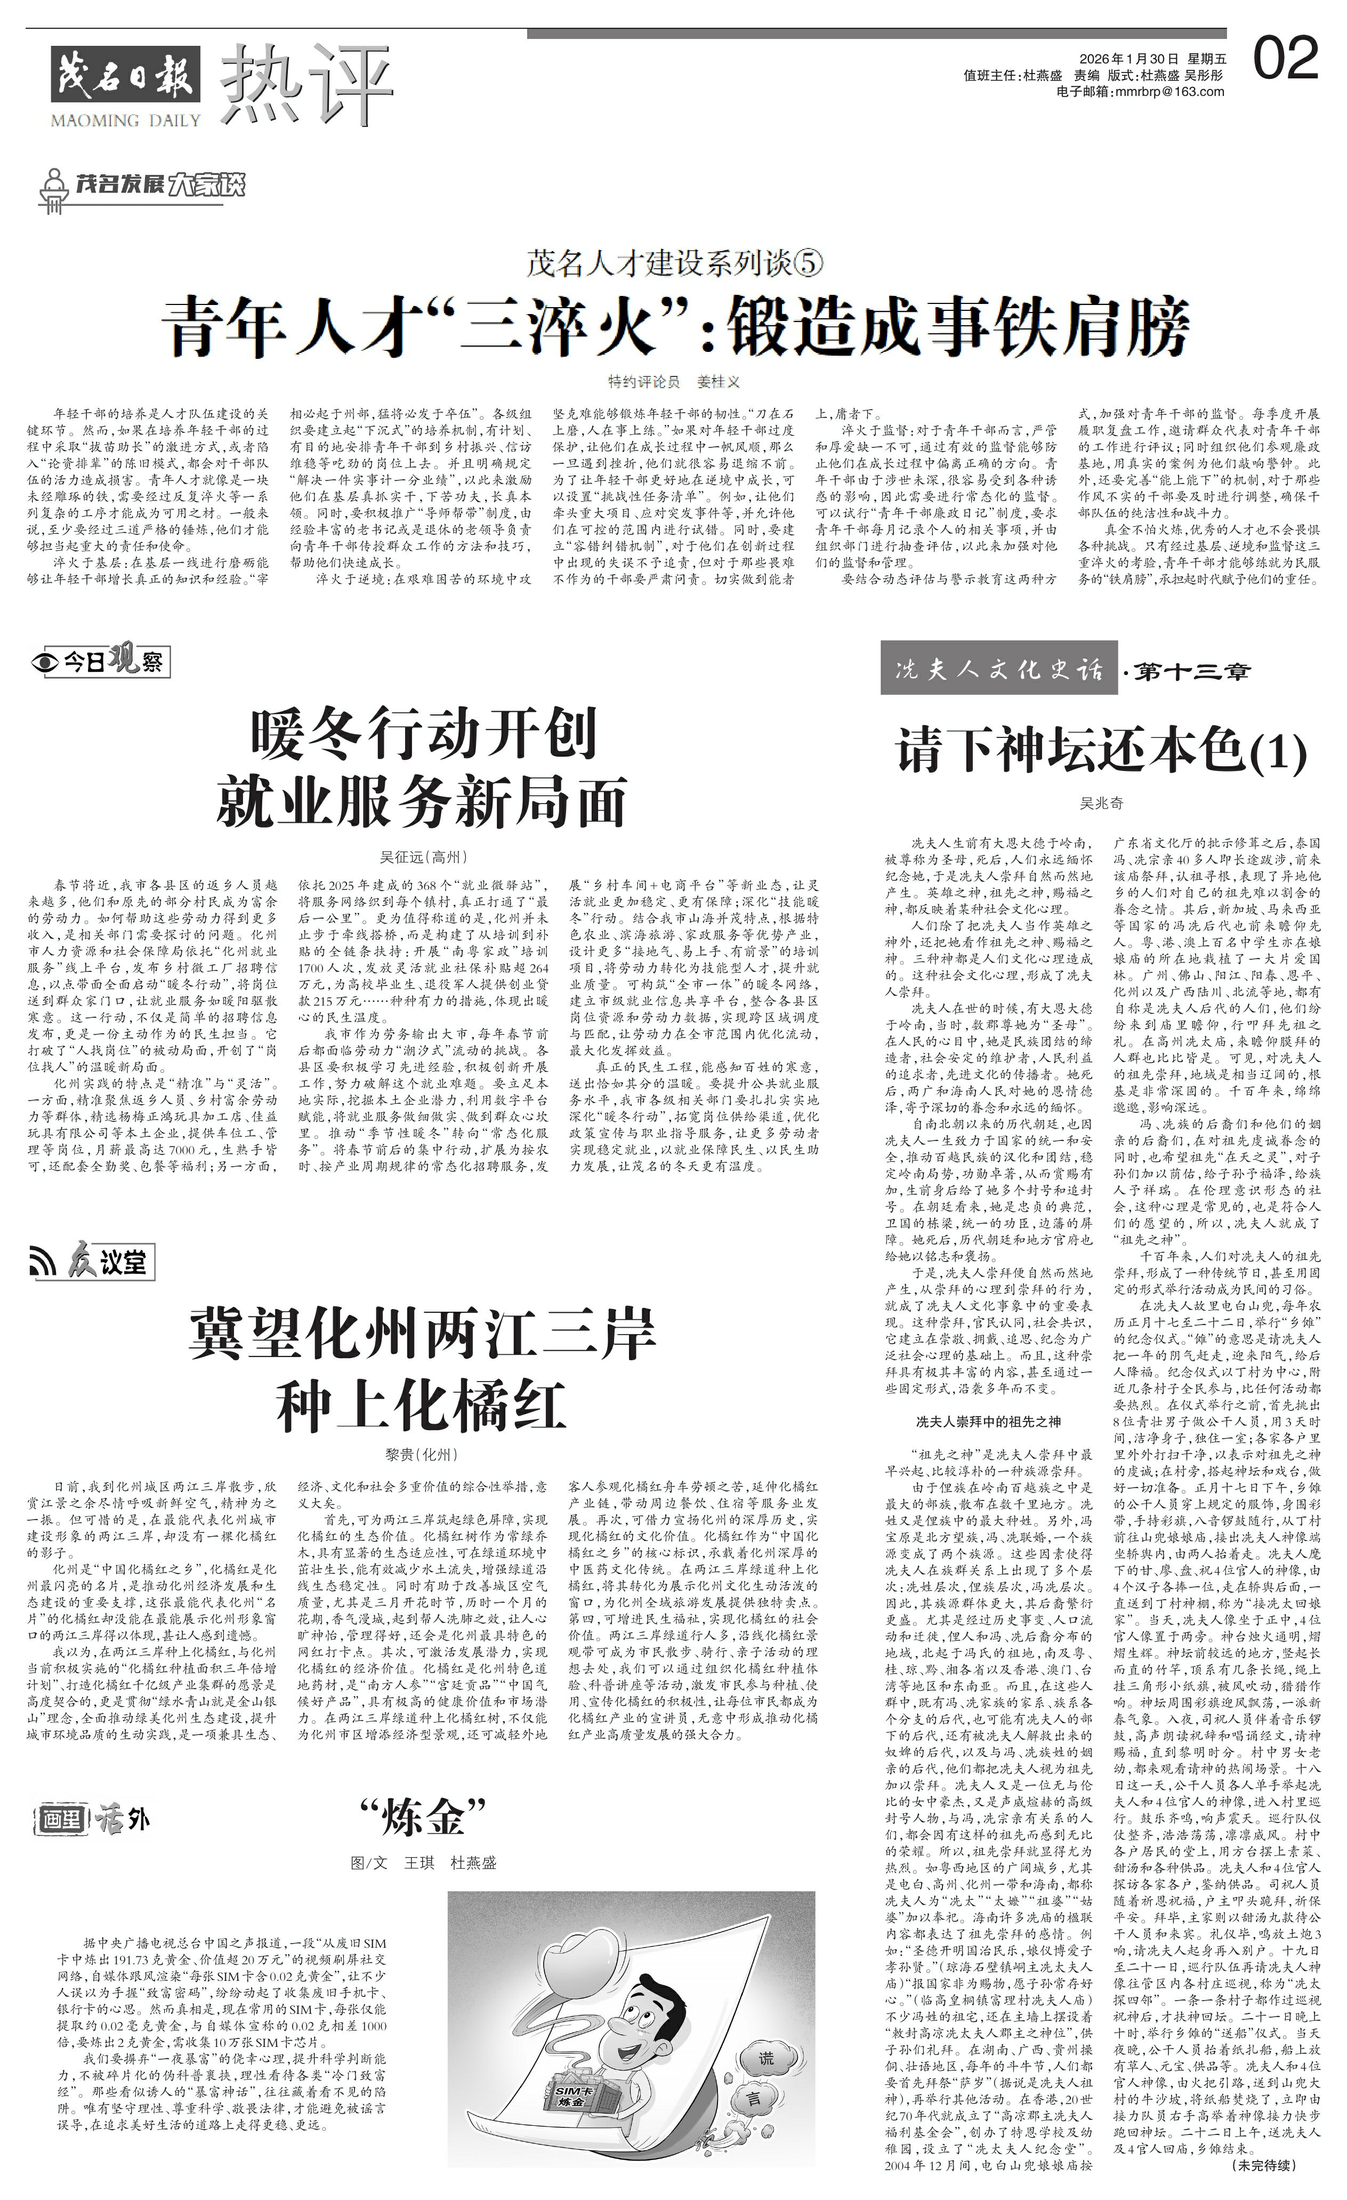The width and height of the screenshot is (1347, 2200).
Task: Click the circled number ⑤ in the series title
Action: pyautogui.click(x=807, y=264)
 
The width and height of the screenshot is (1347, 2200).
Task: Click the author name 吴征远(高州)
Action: pyautogui.click(x=423, y=857)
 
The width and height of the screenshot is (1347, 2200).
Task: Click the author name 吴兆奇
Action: pyautogui.click(x=1101, y=802)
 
